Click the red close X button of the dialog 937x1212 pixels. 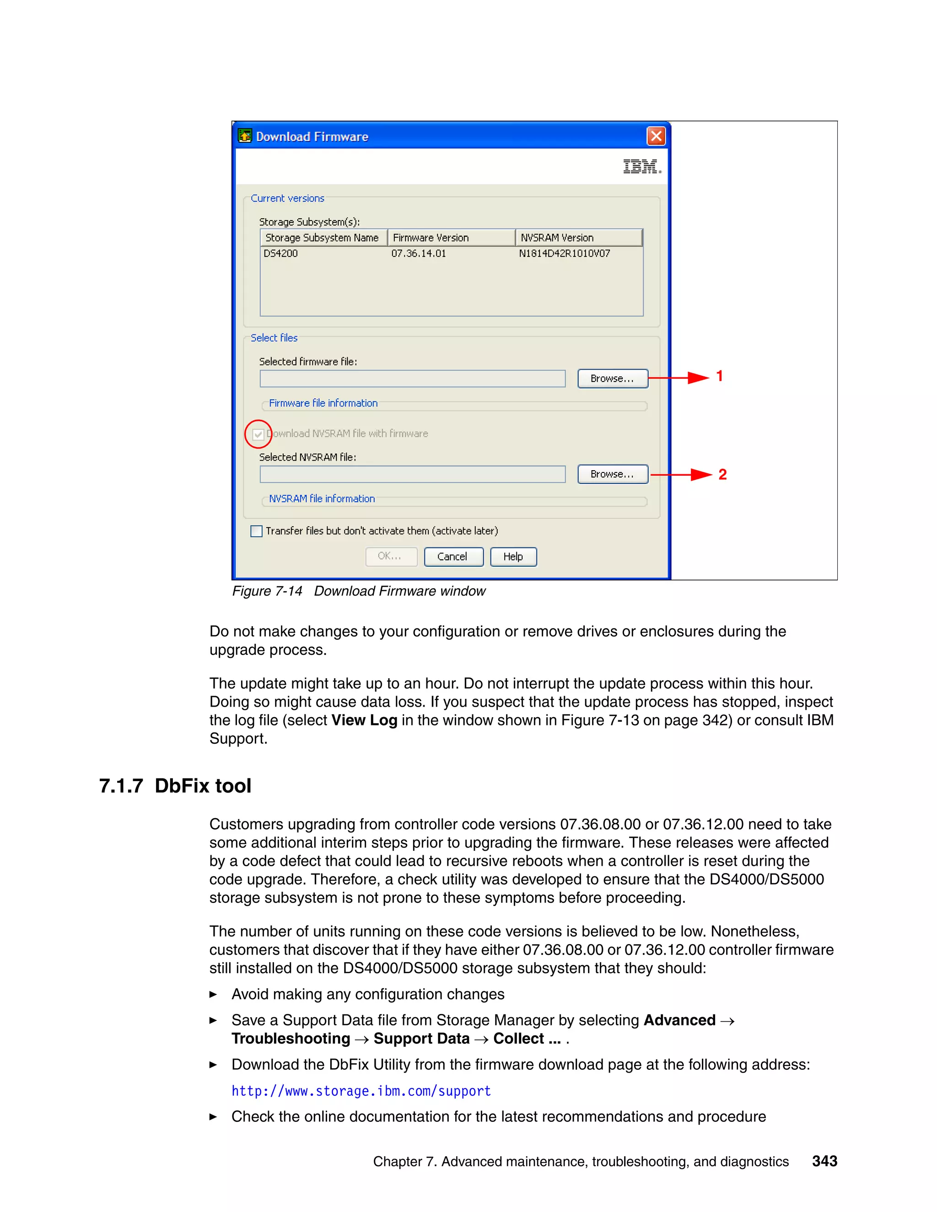pyautogui.click(x=656, y=136)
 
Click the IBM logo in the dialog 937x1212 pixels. pyautogui.click(x=642, y=166)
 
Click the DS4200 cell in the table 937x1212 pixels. pyautogui.click(x=281, y=254)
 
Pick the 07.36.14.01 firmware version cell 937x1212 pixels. pyautogui.click(x=419, y=254)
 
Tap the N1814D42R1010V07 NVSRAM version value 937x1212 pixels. pyautogui.click(x=564, y=254)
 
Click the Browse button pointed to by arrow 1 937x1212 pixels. pyautogui.click(x=612, y=379)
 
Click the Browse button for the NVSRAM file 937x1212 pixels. pyautogui.click(x=612, y=474)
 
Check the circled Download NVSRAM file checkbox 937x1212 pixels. pyautogui.click(x=258, y=434)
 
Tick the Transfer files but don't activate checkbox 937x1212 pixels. pyautogui.click(x=257, y=531)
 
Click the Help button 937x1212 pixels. pyautogui.click(x=513, y=557)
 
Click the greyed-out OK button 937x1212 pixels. pyautogui.click(x=391, y=557)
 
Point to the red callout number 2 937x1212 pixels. pyautogui.click(x=722, y=474)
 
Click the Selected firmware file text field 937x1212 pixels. pyautogui.click(x=412, y=379)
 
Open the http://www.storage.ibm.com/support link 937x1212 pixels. pyautogui.click(x=361, y=1091)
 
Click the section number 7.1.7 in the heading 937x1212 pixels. pyautogui.click(x=121, y=786)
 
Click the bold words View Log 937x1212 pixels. pyautogui.click(x=364, y=720)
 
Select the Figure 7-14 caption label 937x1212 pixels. pyautogui.click(x=267, y=591)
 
